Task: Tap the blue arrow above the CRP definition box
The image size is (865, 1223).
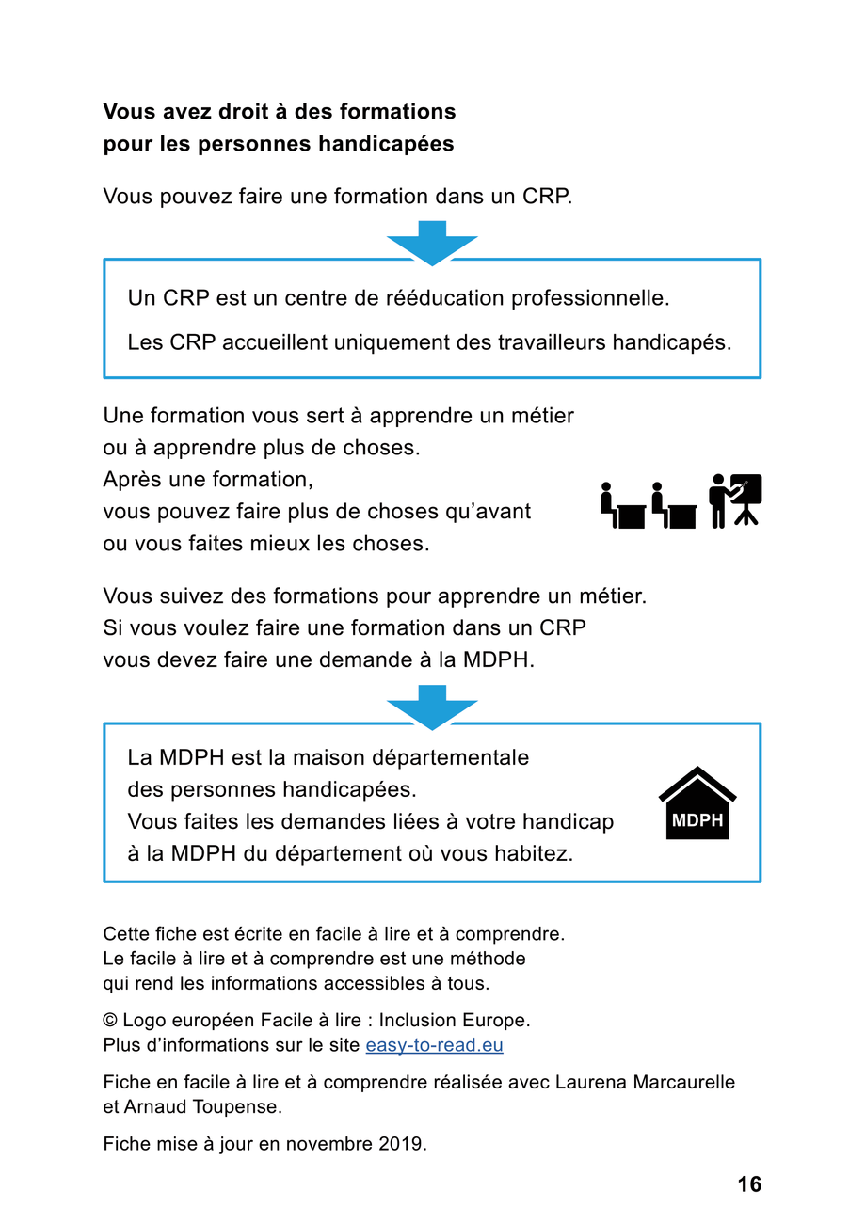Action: tap(432, 242)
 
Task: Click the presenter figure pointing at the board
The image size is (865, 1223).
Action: tap(720, 500)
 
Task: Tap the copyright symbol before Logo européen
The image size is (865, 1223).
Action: tap(110, 1021)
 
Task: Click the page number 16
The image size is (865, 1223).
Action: tap(749, 1184)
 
